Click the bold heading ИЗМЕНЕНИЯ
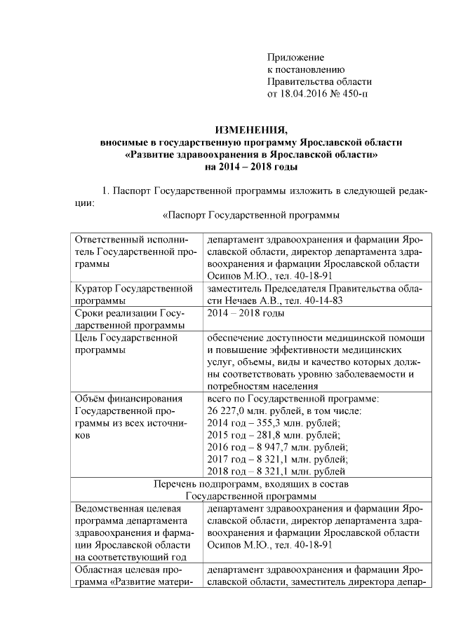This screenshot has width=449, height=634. pyautogui.click(x=251, y=130)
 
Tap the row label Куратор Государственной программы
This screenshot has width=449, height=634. pyautogui.click(x=133, y=294)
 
